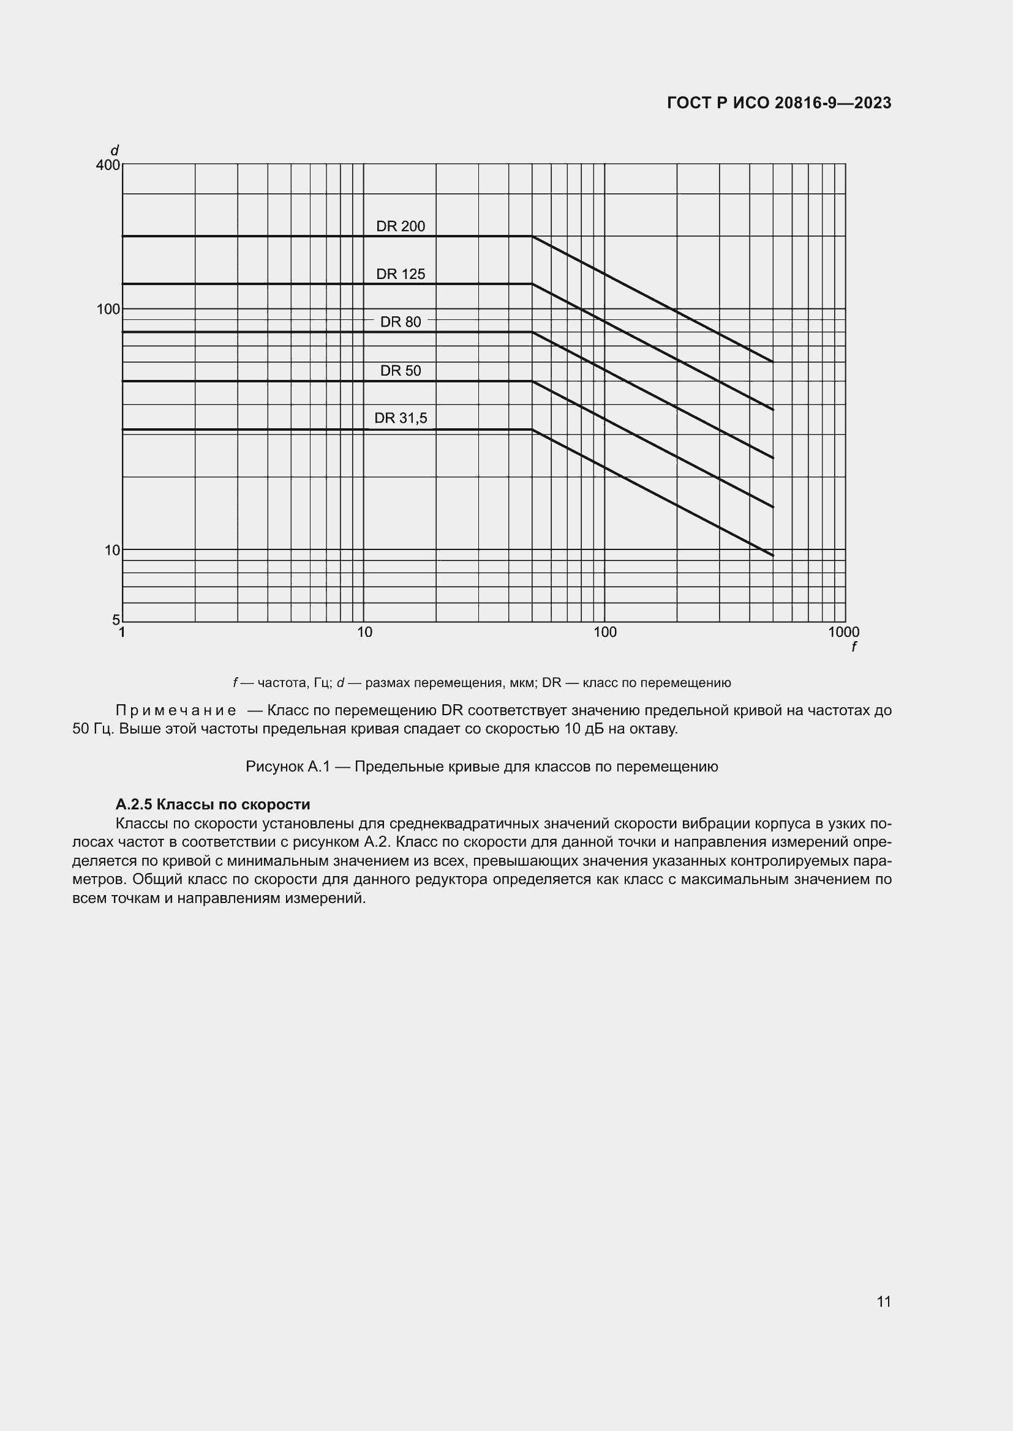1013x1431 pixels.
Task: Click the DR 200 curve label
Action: (401, 226)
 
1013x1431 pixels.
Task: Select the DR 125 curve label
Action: (401, 274)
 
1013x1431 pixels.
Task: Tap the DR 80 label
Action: (401, 322)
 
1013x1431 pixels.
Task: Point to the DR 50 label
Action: (401, 371)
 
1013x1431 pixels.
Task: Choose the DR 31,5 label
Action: (401, 418)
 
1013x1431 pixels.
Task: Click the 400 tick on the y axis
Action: (107, 165)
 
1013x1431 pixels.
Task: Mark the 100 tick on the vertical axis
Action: (107, 309)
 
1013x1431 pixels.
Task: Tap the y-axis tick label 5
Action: (115, 620)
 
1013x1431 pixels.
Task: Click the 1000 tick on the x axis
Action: (843, 633)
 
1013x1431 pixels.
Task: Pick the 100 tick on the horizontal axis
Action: (604, 633)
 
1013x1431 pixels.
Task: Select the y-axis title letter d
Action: (114, 151)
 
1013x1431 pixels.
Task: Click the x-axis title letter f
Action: (853, 647)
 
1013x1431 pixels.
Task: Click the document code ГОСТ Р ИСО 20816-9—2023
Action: (779, 103)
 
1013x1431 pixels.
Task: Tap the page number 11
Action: (883, 1301)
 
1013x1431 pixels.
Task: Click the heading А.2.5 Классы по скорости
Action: (213, 805)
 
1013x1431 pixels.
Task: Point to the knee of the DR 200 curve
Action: (532, 236)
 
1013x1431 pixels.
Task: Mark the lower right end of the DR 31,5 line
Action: (773, 556)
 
